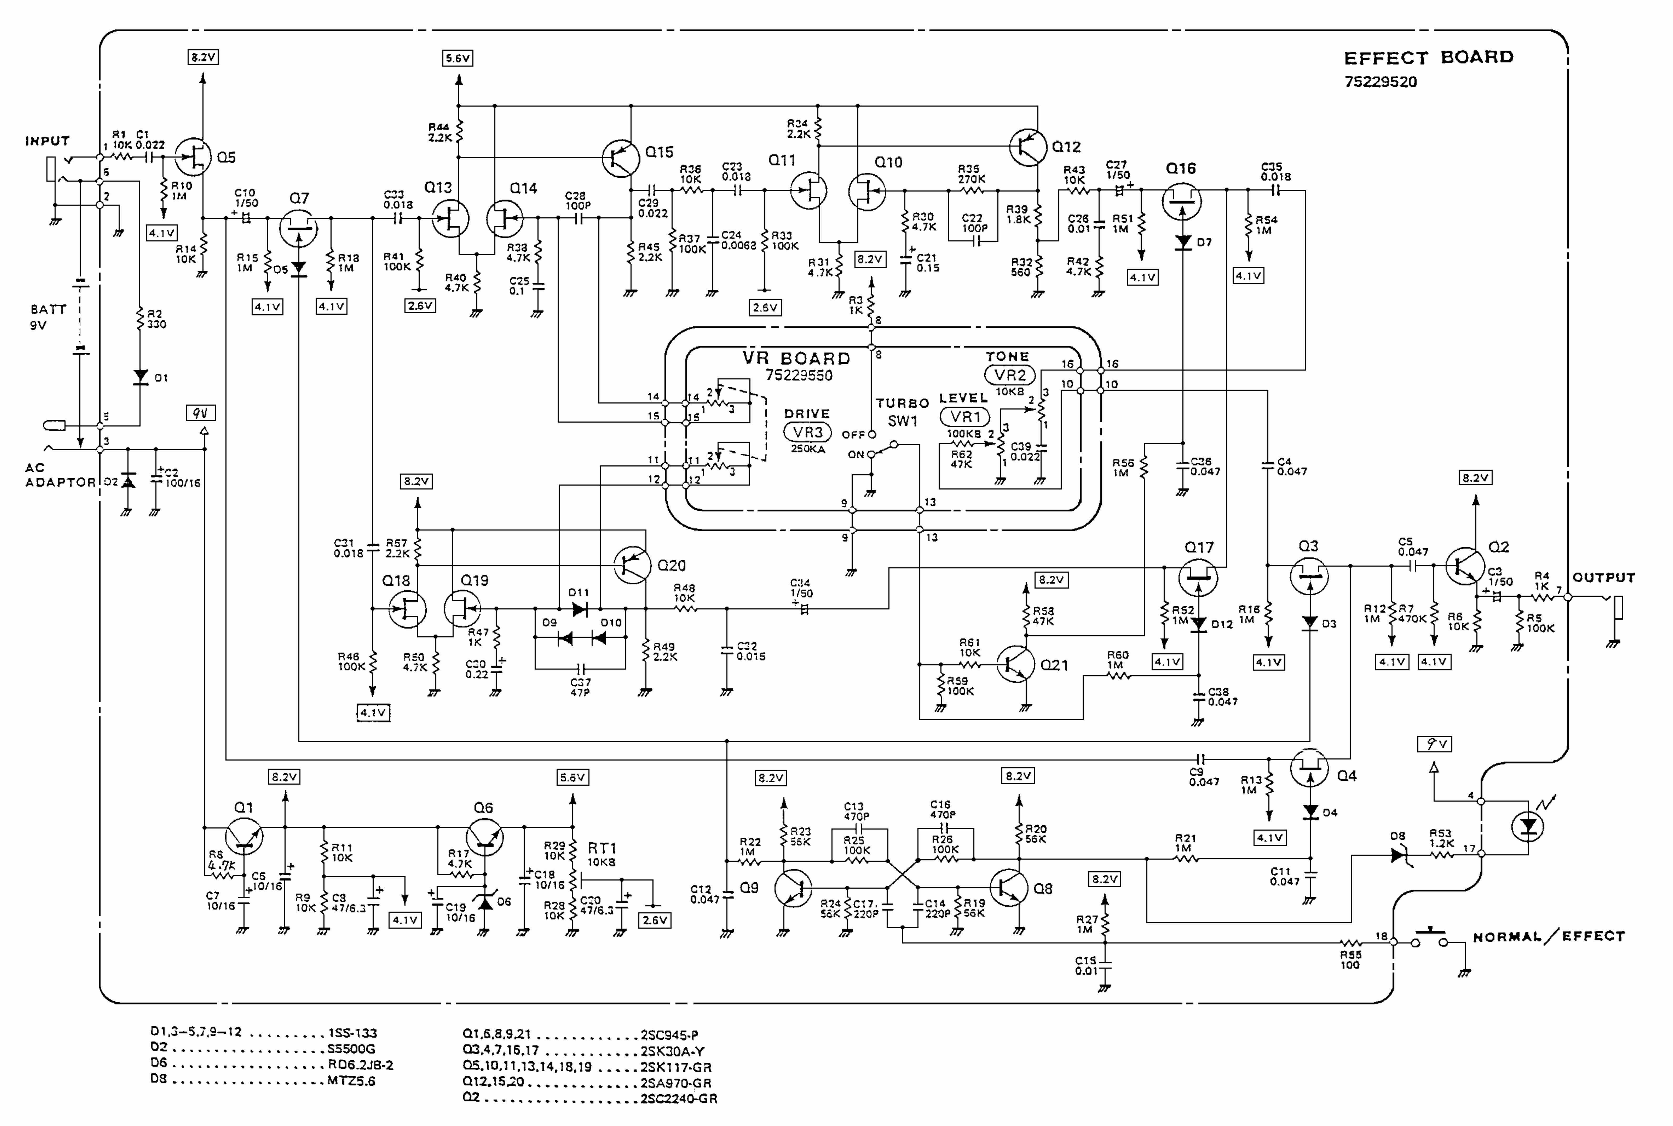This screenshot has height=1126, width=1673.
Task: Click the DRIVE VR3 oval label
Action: click(x=807, y=432)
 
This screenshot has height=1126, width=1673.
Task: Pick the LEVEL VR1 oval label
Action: click(x=965, y=417)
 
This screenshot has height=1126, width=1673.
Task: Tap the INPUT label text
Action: click(x=47, y=141)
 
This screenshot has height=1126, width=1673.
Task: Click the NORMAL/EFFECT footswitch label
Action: click(x=1548, y=936)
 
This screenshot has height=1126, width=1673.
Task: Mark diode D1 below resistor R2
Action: click(x=141, y=377)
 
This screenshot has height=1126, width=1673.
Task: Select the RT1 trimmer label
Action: click(x=601, y=848)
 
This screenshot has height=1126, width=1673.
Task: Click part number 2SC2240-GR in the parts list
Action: click(x=678, y=1099)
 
